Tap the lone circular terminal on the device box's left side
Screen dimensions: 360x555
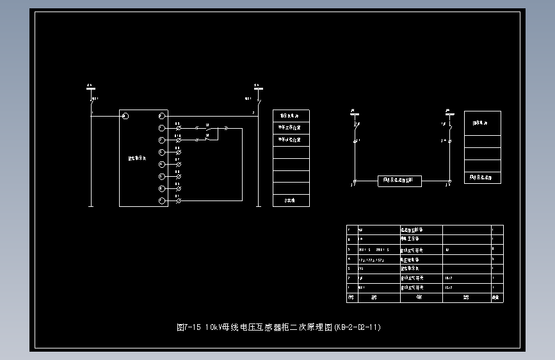tap(125, 116)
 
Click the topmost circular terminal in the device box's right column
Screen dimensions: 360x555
tap(162, 116)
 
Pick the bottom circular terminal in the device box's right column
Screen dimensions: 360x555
tap(162, 201)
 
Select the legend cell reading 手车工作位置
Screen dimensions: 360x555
tap(291, 128)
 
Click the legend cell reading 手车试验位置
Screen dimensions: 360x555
tap(291, 140)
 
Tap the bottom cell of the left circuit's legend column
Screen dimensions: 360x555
tap(291, 200)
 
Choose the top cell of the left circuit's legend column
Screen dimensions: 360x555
tap(291, 116)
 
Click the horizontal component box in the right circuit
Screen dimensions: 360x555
tap(400, 181)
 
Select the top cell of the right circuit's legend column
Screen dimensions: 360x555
tap(482, 123)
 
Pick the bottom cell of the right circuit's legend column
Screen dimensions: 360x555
tap(482, 177)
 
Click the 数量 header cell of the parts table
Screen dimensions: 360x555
tap(495, 298)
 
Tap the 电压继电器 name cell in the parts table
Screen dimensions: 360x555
tap(421, 260)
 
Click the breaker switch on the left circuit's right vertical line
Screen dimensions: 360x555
tap(258, 101)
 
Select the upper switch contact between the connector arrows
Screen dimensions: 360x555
tap(207, 128)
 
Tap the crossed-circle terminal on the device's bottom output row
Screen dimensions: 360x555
tap(178, 201)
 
